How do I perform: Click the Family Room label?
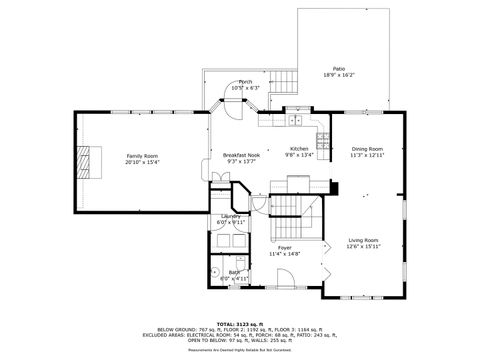tap(142, 156)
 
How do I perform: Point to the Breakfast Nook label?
tap(241, 155)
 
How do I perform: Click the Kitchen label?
tap(299, 149)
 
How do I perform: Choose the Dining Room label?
tap(367, 149)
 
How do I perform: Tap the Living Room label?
tap(363, 240)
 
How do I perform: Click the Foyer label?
tap(285, 247)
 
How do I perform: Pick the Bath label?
tap(233, 271)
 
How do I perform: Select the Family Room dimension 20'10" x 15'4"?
tap(142, 162)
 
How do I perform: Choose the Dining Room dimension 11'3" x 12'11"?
tap(367, 155)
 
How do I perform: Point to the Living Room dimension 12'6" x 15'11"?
tap(363, 246)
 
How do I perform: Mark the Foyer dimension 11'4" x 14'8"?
tap(285, 254)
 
